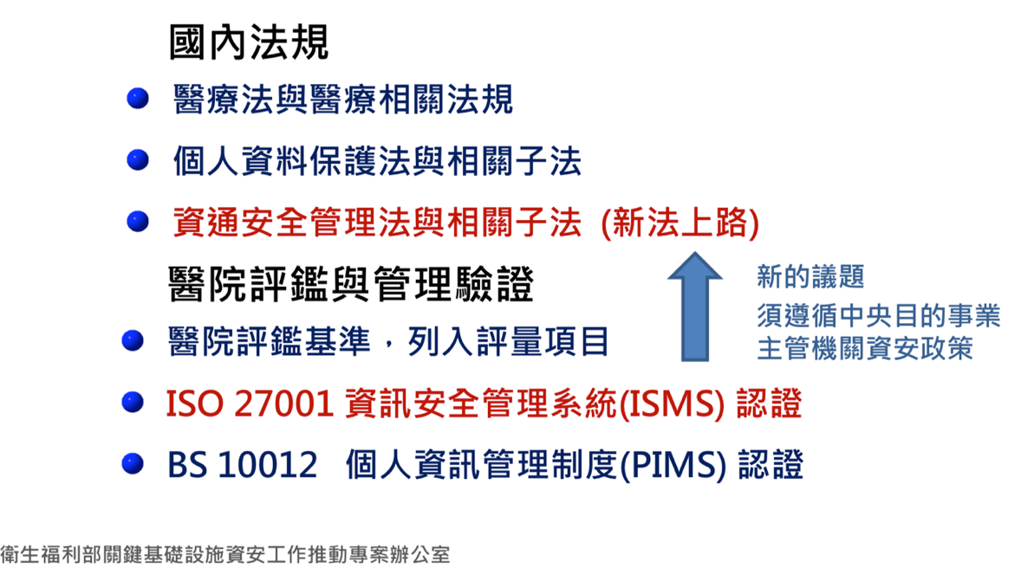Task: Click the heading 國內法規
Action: pyautogui.click(x=249, y=42)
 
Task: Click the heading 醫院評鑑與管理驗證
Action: pyautogui.click(x=351, y=284)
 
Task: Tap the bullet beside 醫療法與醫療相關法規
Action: pyautogui.click(x=138, y=98)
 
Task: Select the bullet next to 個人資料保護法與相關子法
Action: pyautogui.click(x=138, y=159)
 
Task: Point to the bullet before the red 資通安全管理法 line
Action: pyautogui.click(x=138, y=221)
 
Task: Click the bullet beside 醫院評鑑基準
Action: pyautogui.click(x=133, y=340)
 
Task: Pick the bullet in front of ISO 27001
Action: pyautogui.click(x=133, y=402)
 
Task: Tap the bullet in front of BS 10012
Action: pyautogui.click(x=133, y=463)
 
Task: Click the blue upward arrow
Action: pyautogui.click(x=695, y=307)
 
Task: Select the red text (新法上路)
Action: pyautogui.click(x=680, y=223)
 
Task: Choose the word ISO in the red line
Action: pyautogui.click(x=194, y=404)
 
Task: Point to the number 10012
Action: pyautogui.click(x=268, y=466)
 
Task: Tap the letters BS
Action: pyautogui.click(x=187, y=466)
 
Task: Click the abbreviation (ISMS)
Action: pyautogui.click(x=671, y=404)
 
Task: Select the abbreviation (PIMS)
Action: pyautogui.click(x=673, y=466)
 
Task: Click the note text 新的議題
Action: pyautogui.click(x=810, y=277)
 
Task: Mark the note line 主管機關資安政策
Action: pyautogui.click(x=865, y=348)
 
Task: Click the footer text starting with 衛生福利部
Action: pyautogui.click(x=224, y=554)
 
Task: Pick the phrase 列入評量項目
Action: pyautogui.click(x=508, y=341)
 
